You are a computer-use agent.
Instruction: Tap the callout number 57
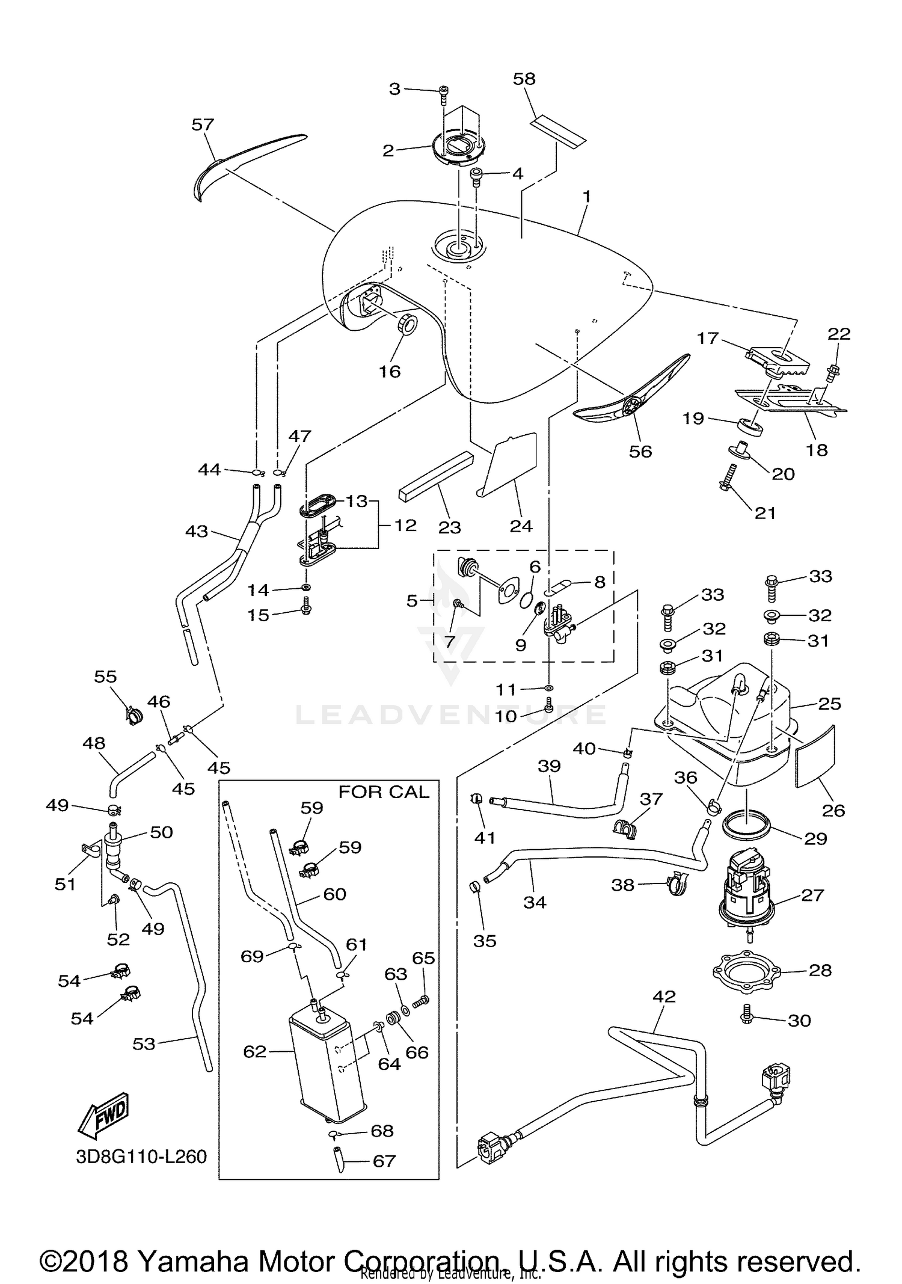203,124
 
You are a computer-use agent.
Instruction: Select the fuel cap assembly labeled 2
458,150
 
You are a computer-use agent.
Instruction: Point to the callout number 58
524,79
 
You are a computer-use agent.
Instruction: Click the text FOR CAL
384,792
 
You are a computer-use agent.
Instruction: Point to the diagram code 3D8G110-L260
141,1157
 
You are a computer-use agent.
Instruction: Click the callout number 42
664,997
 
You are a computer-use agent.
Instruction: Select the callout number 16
389,372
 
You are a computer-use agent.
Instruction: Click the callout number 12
405,525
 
